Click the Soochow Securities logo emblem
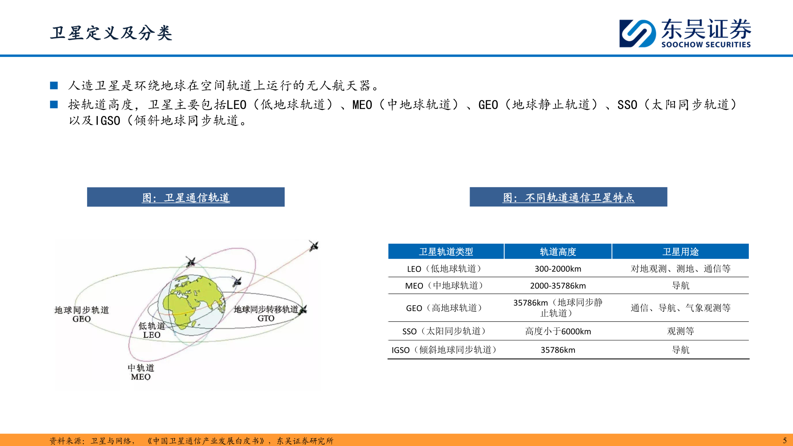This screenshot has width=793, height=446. pos(637,33)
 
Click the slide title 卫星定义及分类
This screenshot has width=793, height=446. pos(111,33)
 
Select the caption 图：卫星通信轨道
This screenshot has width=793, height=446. pos(186,197)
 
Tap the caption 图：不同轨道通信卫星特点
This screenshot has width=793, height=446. pos(568,197)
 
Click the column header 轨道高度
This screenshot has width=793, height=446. pos(558,251)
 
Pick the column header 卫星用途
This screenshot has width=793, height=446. pos(680,251)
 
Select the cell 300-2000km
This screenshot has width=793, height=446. pos(558,269)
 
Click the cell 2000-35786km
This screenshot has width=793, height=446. pos(558,286)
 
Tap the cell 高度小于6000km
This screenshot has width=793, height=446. pos(558,331)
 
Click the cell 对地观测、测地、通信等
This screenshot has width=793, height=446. pos(680,269)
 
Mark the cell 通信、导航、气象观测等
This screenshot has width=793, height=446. pos(680,308)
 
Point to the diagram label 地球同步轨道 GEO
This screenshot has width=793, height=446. pos(82,314)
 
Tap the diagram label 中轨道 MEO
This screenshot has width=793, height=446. pos(141,372)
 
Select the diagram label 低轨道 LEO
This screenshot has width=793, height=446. pos(152,330)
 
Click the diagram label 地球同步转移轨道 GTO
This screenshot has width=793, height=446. pos(266,313)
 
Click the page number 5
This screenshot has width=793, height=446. pos(785,441)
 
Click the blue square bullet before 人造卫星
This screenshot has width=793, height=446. pos(54,85)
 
